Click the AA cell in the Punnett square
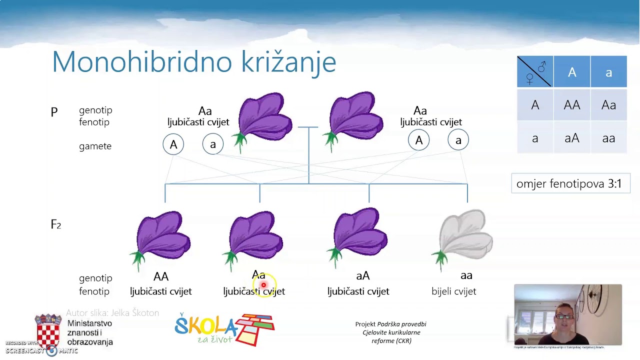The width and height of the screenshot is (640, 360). click(x=571, y=105)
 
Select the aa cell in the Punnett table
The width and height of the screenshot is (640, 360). click(x=608, y=138)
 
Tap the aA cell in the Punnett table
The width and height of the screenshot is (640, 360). click(x=571, y=138)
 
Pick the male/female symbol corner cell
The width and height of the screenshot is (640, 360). click(x=535, y=72)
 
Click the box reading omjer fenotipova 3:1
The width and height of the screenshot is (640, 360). click(x=570, y=183)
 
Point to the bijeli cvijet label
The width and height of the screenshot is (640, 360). click(x=453, y=291)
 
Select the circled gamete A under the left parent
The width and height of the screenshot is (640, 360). click(x=173, y=144)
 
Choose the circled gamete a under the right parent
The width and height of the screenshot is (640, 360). click(x=458, y=140)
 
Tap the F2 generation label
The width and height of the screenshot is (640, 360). click(x=55, y=224)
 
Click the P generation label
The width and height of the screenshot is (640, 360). click(x=54, y=112)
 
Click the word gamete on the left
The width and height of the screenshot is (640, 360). click(x=95, y=146)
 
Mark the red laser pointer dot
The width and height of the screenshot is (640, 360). click(x=263, y=285)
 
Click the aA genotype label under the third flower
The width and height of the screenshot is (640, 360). click(x=362, y=276)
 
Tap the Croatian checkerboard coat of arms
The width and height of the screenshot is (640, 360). click(x=48, y=330)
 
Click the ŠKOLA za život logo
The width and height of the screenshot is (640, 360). click(x=224, y=329)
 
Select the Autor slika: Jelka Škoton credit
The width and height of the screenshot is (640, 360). click(x=112, y=312)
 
